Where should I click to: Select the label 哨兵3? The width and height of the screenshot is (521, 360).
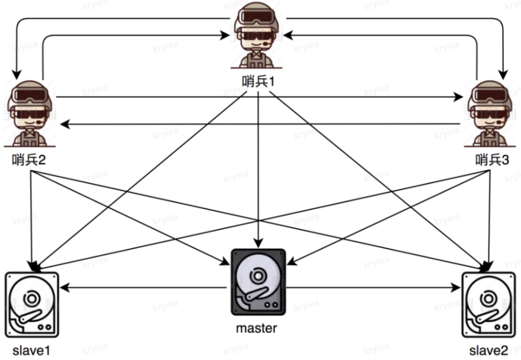coord(492,160)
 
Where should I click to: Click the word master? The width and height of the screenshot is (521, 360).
coord(257,328)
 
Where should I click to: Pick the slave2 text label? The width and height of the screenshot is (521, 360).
coord(489,350)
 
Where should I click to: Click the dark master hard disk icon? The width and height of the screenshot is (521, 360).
coord(258,282)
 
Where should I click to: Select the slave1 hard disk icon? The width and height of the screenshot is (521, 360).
coord(32,305)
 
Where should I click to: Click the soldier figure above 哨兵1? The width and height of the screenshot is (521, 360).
coord(258,37)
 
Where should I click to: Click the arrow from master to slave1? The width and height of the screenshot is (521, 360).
coord(142,288)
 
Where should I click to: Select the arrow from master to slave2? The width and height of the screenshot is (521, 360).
coord(374,288)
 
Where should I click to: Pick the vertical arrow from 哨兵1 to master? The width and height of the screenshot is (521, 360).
coord(258,170)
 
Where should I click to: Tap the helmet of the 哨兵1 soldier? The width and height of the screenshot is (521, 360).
coord(258,8)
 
